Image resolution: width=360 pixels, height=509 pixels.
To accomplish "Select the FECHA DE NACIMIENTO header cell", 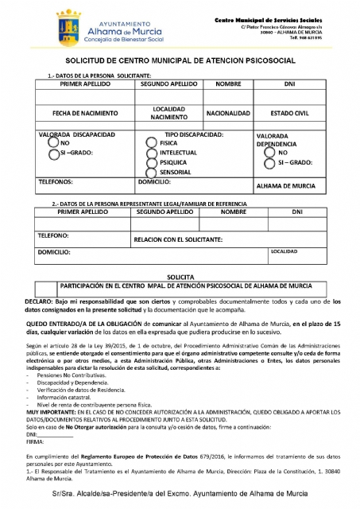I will tap(80, 113).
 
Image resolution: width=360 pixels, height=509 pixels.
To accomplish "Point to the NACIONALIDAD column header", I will tap(229, 113).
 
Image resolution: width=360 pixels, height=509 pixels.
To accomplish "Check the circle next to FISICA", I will tap(152, 143).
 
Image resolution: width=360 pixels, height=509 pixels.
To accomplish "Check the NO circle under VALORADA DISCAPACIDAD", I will tap(52, 143).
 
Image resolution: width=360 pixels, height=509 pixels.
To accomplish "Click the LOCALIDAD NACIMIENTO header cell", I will tap(168, 113).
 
